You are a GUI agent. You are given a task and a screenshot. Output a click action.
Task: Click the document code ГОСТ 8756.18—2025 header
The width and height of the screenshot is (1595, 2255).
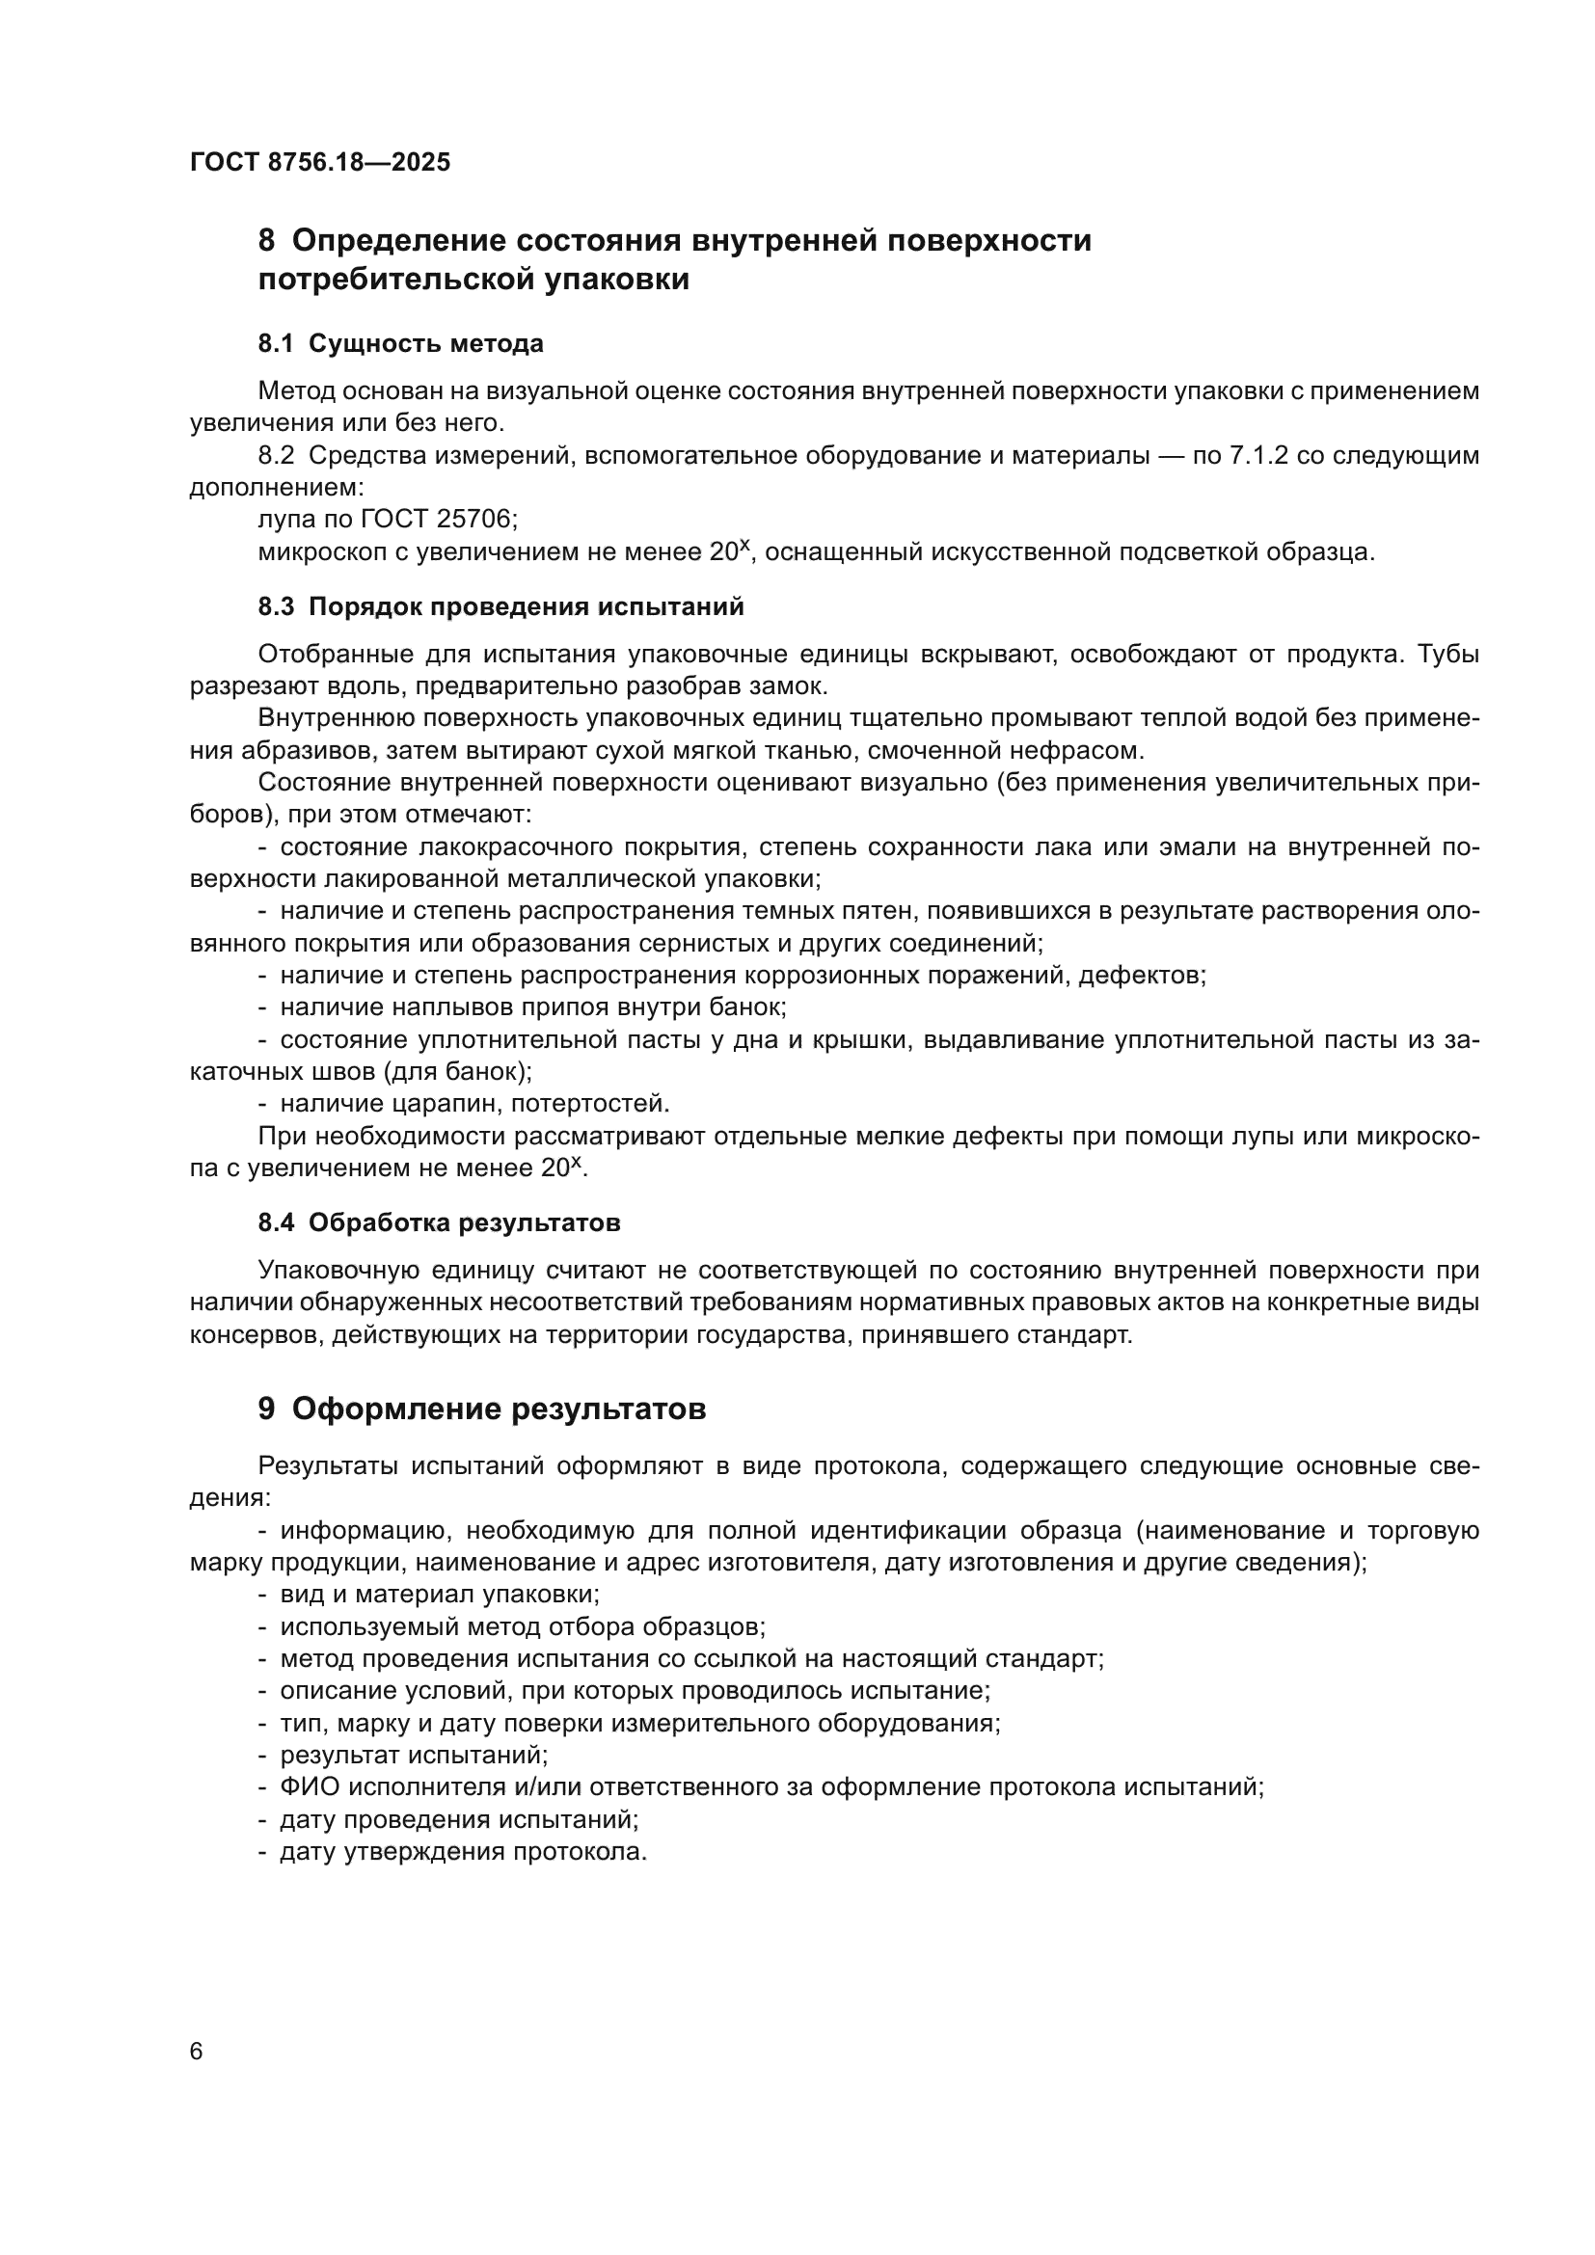320,162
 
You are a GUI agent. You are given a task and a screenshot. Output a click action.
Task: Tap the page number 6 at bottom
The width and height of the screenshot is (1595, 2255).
197,2052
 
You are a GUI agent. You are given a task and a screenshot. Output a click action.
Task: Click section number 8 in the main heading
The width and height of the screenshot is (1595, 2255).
266,241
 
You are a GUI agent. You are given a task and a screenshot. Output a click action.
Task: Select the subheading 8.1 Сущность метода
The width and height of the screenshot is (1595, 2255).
401,344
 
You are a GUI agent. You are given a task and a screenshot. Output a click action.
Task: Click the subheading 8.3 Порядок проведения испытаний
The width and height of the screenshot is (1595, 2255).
500,607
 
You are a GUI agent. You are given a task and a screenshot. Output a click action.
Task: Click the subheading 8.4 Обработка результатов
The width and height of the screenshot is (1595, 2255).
439,1222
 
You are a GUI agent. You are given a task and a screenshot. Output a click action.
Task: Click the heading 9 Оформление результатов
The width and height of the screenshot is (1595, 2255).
481,1409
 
